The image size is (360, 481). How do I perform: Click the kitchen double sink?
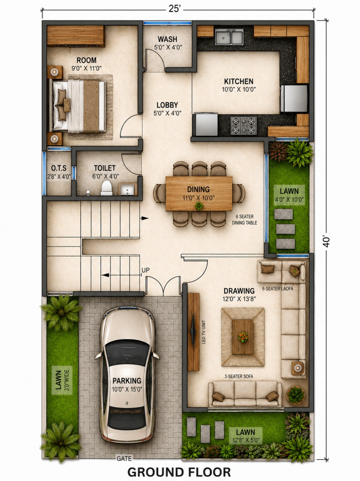pos(229,36)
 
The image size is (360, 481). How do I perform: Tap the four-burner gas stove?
pos(244,126)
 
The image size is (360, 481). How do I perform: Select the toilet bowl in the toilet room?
pos(107,188)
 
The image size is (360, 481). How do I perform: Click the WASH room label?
pos(168,39)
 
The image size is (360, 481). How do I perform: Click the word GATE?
pos(124,458)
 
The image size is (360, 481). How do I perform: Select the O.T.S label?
pos(59,168)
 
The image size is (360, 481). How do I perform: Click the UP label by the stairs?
pos(146,270)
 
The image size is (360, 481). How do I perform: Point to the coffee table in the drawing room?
pos(243,337)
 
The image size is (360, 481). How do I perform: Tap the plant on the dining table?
pos(199,206)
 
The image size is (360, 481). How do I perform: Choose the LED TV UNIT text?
pos(203,332)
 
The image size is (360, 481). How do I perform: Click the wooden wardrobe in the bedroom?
pos(76,36)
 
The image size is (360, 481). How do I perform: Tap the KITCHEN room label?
pos(239,82)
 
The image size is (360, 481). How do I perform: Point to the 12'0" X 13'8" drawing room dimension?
pos(239,299)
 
